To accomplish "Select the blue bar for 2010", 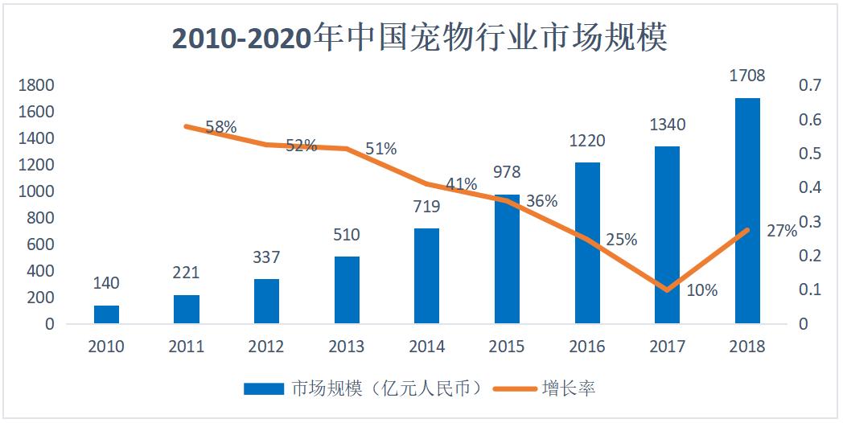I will pos(106,314).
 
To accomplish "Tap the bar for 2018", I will pos(747,211).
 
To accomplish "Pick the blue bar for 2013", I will pos(347,290).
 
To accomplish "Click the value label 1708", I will pos(747,76).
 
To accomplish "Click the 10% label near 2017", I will pos(701,290).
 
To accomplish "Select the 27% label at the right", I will pos(782,231).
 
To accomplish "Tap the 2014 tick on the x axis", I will pos(426,347).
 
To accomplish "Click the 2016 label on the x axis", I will pos(587,347).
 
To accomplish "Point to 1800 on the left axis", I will pos(38,85).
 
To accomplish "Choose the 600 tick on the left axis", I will pos(43,244).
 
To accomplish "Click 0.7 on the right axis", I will pos(808,85).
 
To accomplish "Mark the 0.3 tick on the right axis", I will pos(808,222).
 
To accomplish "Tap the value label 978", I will pos(507,172).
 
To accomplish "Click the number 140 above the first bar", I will pos(106,283).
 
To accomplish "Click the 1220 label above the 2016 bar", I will pos(587,141).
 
